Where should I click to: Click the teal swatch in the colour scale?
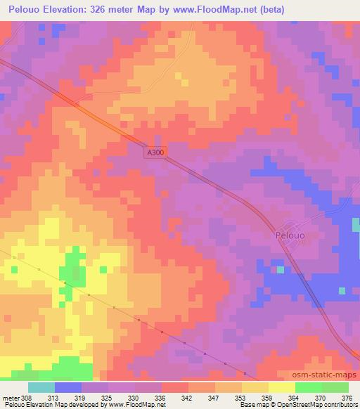pos(41,387)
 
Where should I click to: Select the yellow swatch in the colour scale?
pos(282,387)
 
